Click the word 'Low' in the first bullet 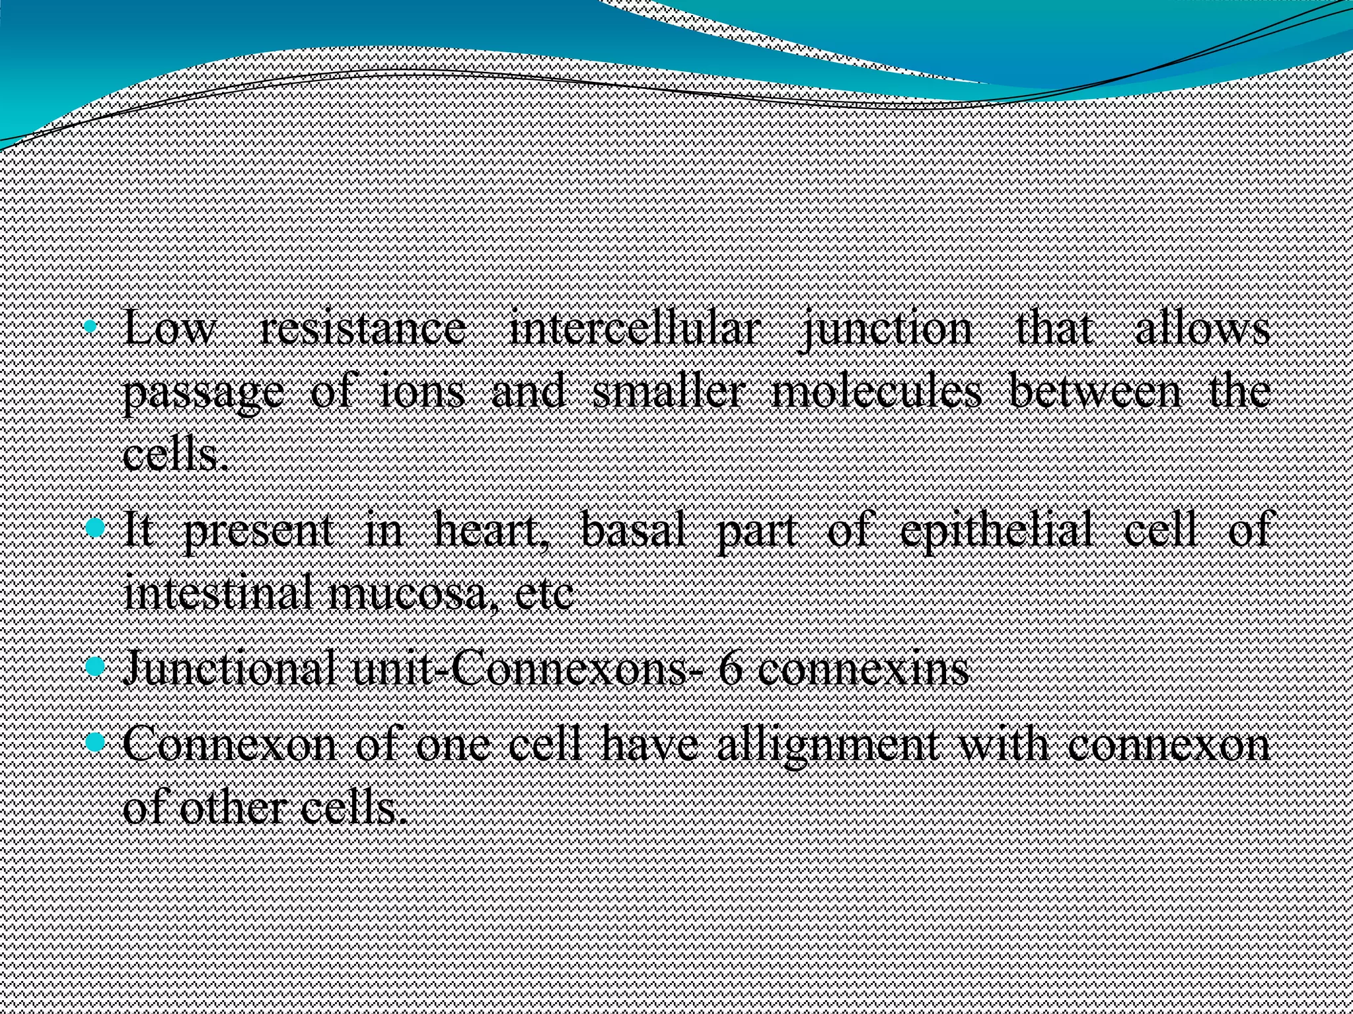(169, 329)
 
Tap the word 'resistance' (362, 329)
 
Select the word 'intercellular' (632, 329)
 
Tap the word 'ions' (423, 392)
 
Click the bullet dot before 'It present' (95, 527)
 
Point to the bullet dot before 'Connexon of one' (95, 743)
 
